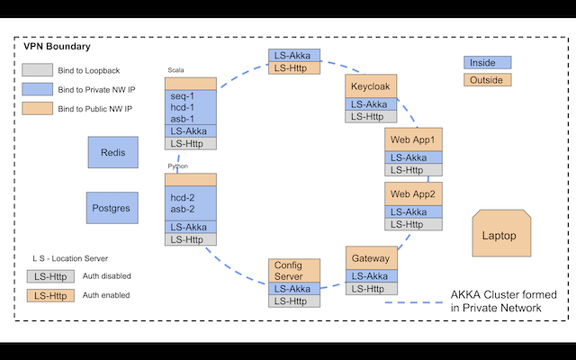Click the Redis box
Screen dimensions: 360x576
coord(112,152)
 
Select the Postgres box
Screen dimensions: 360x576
coord(112,208)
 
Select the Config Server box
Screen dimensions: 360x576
coord(294,271)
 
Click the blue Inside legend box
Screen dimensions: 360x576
coord(487,62)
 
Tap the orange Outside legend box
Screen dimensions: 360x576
coord(487,80)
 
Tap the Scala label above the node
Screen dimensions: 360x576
coord(176,70)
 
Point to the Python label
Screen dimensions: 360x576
coord(178,166)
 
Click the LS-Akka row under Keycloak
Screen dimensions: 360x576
coord(371,104)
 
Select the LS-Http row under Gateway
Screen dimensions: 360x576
coord(371,288)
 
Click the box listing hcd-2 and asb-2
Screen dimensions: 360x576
coord(190,203)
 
